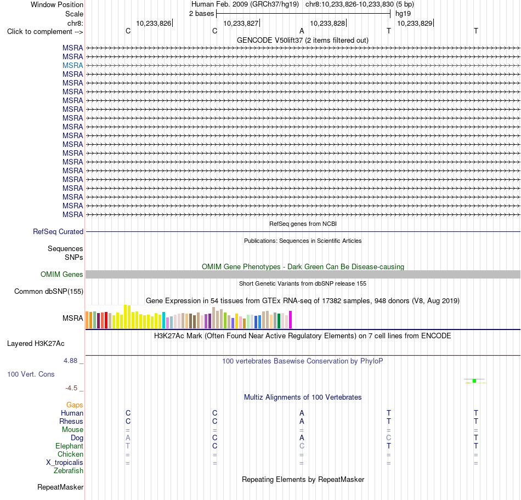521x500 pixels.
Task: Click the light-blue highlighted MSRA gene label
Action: (72, 65)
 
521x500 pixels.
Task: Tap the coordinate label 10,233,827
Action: (241, 23)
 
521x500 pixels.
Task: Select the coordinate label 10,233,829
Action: (415, 23)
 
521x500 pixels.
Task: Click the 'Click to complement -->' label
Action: (45, 32)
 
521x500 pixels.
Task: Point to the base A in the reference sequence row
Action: (302, 31)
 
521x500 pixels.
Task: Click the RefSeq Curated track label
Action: (58, 231)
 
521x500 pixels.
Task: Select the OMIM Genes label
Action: (62, 275)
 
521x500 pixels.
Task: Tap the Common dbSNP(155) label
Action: (49, 291)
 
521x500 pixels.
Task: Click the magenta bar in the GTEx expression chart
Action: (291, 320)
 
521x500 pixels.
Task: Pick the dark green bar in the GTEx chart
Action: (279, 321)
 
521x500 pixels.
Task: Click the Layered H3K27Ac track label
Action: (36, 344)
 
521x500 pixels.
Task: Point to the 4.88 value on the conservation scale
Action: (70, 361)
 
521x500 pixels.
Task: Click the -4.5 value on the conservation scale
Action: (71, 388)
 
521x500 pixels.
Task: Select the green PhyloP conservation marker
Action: (474, 380)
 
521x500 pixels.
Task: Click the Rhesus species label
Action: (71, 421)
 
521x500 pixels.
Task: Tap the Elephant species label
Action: (69, 446)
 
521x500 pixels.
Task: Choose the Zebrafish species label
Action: (69, 470)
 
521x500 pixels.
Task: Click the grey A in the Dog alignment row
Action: (128, 438)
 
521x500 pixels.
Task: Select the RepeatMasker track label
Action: (60, 487)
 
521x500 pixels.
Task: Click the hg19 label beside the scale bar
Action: (403, 14)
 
